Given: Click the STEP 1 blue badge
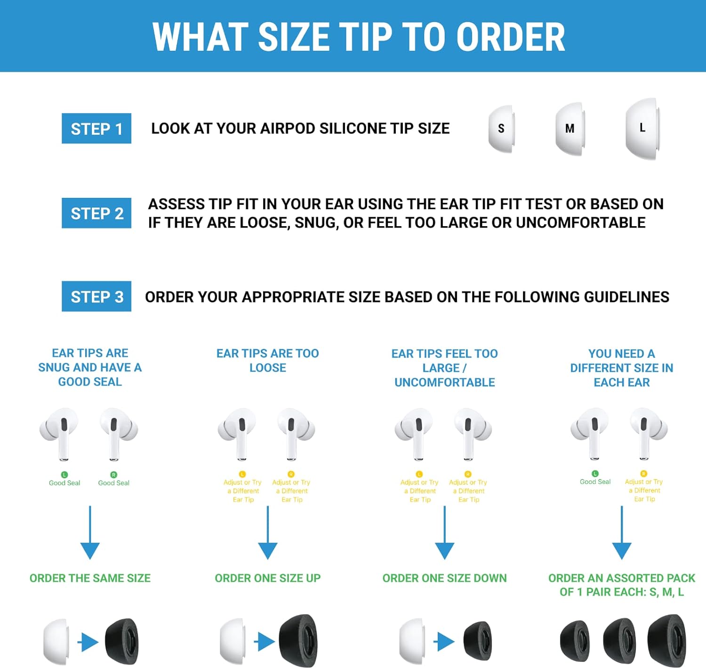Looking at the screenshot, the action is pos(96,128).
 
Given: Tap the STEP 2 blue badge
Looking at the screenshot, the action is pos(96,213).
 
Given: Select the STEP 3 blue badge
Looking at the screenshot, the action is pos(96,296).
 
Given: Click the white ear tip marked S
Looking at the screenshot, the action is pos(501,129).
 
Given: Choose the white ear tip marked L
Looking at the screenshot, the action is pos(642,128).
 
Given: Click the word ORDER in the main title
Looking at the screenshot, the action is pos(511,37).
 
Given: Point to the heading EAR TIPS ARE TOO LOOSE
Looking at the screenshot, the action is pos(267,360).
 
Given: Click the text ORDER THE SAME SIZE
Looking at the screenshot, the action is pos(90,578).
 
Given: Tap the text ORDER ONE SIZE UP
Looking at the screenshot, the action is pos(267,578).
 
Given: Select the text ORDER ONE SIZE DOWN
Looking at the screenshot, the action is pos(445,578).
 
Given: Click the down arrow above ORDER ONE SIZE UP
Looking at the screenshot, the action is pos(267,532).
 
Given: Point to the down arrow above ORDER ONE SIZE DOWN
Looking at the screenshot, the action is pos(445,532).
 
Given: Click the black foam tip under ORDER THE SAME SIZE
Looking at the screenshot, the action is pos(122,641).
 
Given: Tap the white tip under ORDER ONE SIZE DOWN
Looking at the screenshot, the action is pos(412,641).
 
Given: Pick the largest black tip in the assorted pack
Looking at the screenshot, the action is pos(667,641).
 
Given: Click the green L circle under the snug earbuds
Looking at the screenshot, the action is pos(64,474).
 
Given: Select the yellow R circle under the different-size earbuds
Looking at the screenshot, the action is pos(644,473).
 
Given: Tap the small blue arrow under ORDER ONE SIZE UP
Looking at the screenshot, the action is pos(265,642).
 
